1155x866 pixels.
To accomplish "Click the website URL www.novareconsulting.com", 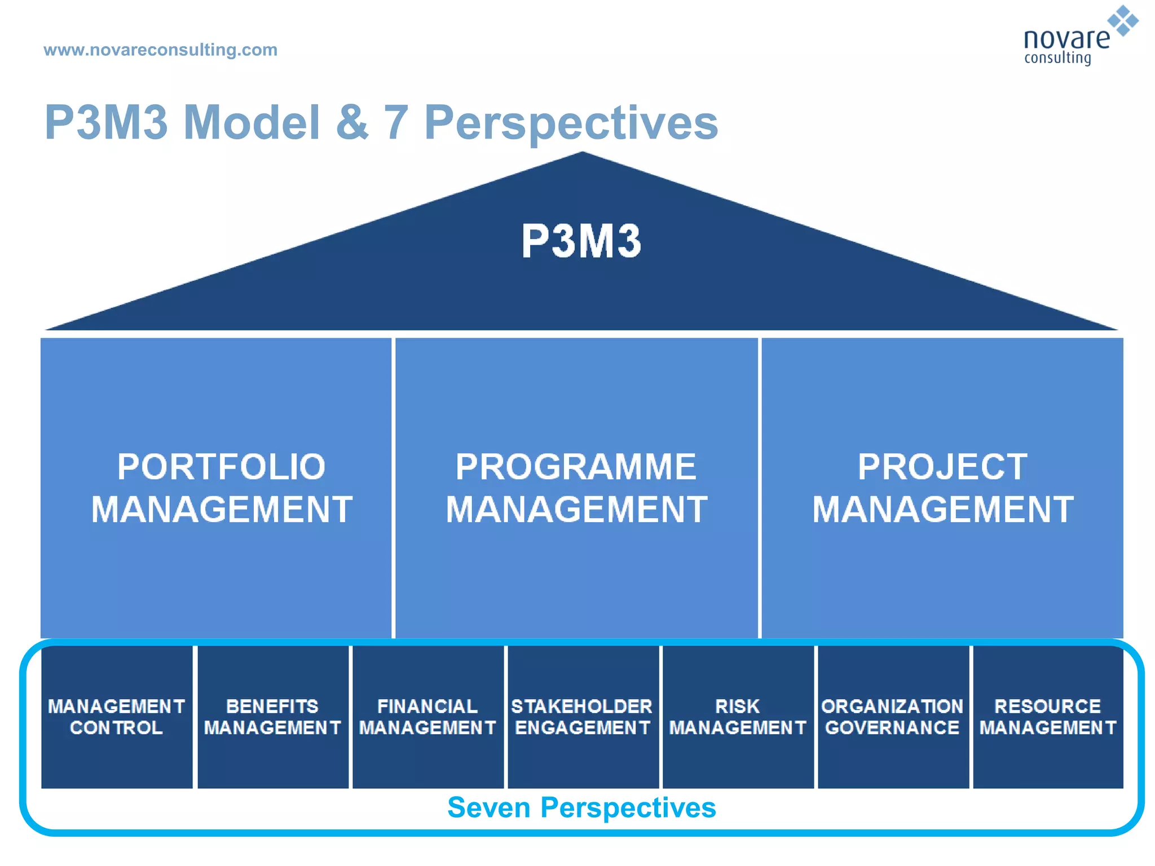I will click(x=160, y=50).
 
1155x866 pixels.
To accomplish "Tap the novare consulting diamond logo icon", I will click(x=1122, y=21).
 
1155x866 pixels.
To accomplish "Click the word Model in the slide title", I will click(x=252, y=122).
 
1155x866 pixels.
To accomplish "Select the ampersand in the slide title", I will click(x=352, y=122).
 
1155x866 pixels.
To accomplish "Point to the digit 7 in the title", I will click(x=396, y=122).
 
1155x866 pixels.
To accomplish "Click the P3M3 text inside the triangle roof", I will click(x=581, y=241).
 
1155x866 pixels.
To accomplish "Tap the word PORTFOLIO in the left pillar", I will click(x=221, y=467).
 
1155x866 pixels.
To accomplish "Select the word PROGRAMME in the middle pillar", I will click(x=576, y=467).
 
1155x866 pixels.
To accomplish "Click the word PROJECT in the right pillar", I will click(x=942, y=467).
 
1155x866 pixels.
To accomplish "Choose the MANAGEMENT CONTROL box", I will click(x=117, y=717).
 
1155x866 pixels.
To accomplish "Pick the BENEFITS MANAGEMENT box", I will click(x=272, y=717).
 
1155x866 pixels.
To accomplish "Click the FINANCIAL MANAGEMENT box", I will click(x=427, y=717).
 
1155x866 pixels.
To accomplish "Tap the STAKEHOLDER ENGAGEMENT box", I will click(x=583, y=717).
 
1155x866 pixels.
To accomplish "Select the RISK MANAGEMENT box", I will click(x=738, y=717).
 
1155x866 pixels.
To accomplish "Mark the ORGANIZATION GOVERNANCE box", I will click(x=893, y=717).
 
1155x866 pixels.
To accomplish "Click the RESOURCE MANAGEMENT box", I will click(x=1048, y=717).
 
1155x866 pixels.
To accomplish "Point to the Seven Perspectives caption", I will click(x=581, y=807).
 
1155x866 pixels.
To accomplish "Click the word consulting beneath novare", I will click(x=1057, y=58).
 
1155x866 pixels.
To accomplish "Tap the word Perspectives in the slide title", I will click(x=571, y=122).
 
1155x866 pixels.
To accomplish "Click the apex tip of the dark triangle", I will click(x=582, y=154).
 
